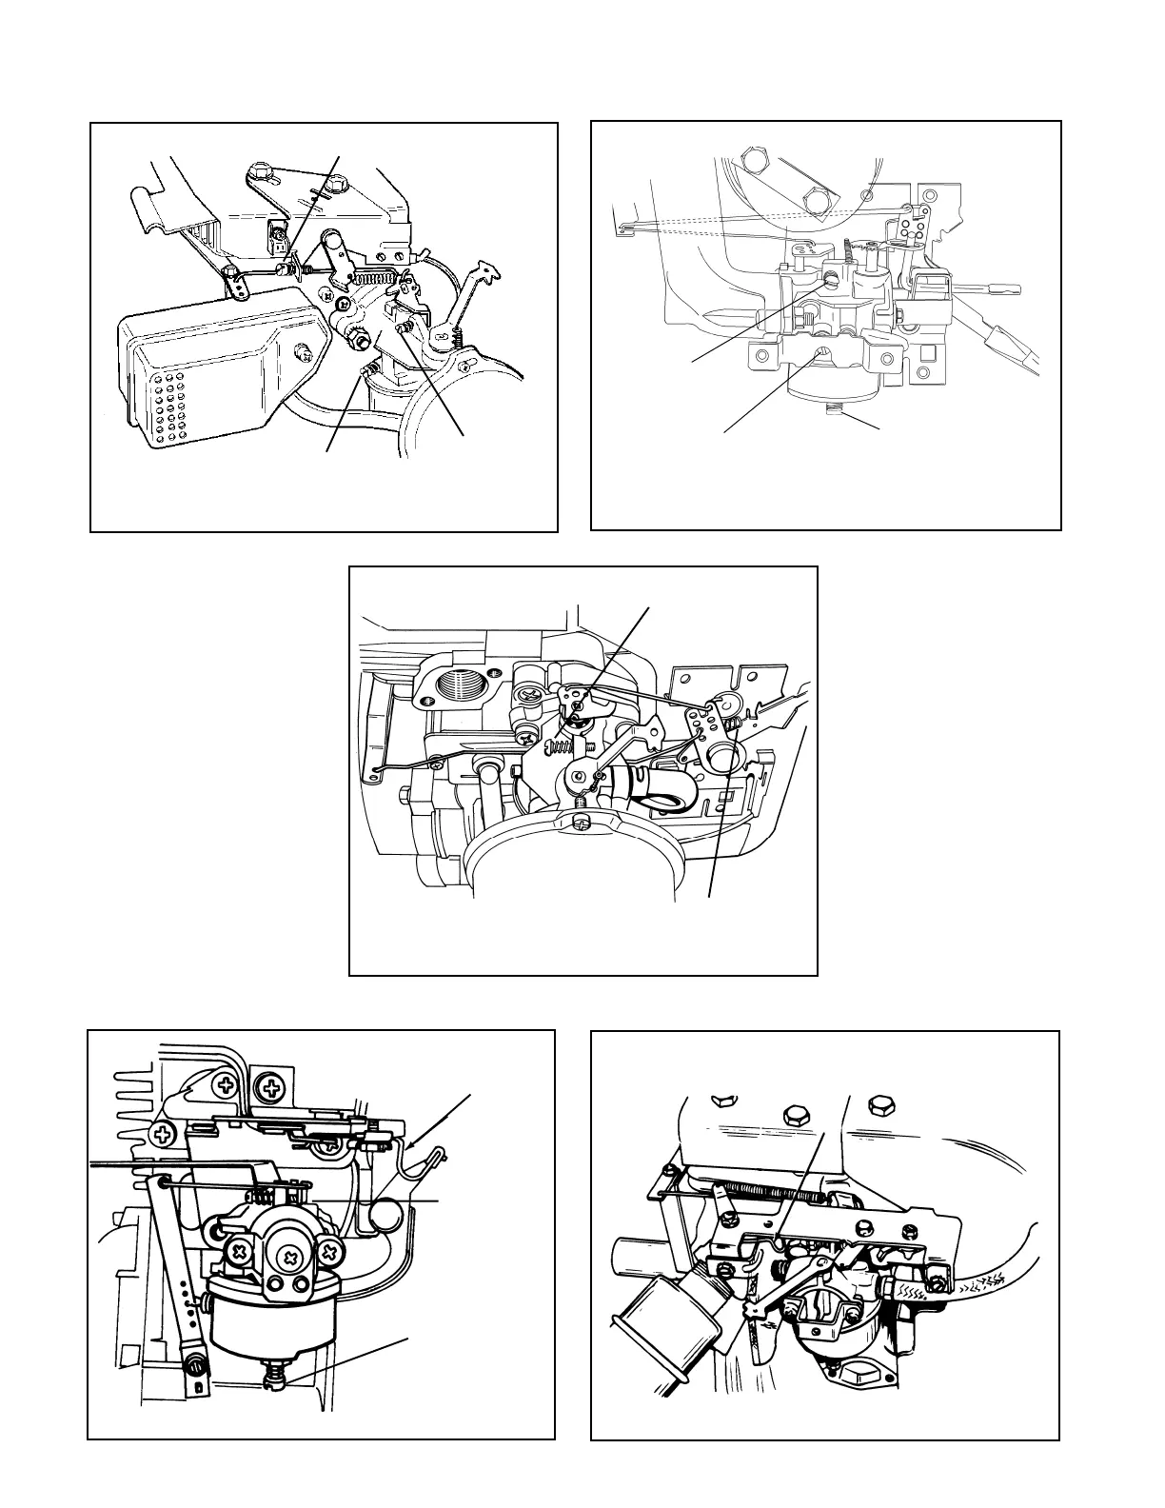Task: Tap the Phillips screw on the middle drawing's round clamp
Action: click(x=582, y=821)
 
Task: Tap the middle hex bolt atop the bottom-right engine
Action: click(x=793, y=1114)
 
